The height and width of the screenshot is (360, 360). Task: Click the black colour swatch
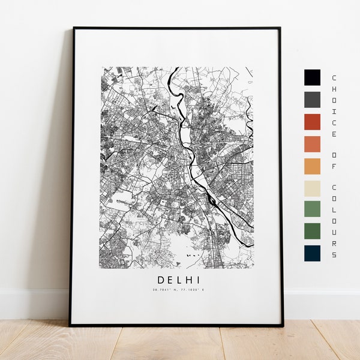click(x=312, y=77)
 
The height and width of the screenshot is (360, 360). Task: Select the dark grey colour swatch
click(x=312, y=100)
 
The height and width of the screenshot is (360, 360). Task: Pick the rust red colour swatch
click(x=312, y=122)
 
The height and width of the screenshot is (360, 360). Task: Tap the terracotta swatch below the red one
click(x=312, y=144)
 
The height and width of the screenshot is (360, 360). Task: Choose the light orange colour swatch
click(x=312, y=166)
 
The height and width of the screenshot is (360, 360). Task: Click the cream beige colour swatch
click(x=312, y=188)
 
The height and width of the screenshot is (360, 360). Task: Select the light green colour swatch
click(x=312, y=209)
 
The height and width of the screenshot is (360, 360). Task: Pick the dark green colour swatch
click(x=312, y=231)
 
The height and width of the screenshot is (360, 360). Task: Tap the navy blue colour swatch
click(x=312, y=253)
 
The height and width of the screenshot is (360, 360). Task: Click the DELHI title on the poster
click(x=179, y=280)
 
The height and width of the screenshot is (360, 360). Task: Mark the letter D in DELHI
click(x=161, y=280)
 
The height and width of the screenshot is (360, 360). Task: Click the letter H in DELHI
click(x=190, y=280)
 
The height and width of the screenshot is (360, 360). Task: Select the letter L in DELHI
click(x=181, y=280)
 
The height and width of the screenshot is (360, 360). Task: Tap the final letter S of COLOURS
click(x=334, y=254)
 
